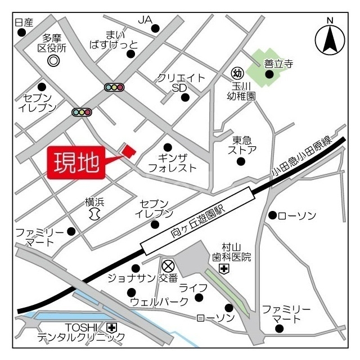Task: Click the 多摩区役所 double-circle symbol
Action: tap(53, 60)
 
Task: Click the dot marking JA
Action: tap(156, 28)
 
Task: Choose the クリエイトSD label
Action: tap(181, 83)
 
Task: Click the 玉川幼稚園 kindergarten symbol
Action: tap(237, 73)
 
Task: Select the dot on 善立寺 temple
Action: tap(269, 74)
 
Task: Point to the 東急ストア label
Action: tap(242, 145)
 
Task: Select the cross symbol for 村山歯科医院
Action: tap(224, 269)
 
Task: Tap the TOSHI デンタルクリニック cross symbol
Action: tap(111, 327)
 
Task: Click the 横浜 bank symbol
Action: tap(94, 214)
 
